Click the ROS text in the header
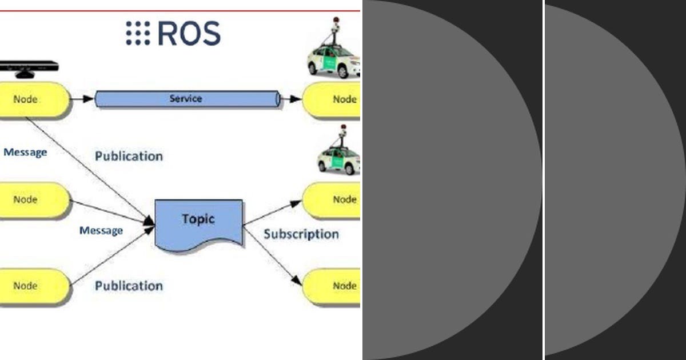pos(188,34)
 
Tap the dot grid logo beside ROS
pos(138,33)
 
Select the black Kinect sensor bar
pos(29,66)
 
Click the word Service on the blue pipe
pos(186,98)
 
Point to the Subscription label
pos(301,234)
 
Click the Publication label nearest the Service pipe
pos(129,156)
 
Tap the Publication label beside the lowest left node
pos(129,286)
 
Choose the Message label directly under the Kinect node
pos(25,153)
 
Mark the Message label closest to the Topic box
pos(101,231)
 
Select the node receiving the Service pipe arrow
pos(334,99)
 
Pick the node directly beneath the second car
pos(334,199)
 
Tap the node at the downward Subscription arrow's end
pos(334,286)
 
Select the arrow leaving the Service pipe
pos(292,99)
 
